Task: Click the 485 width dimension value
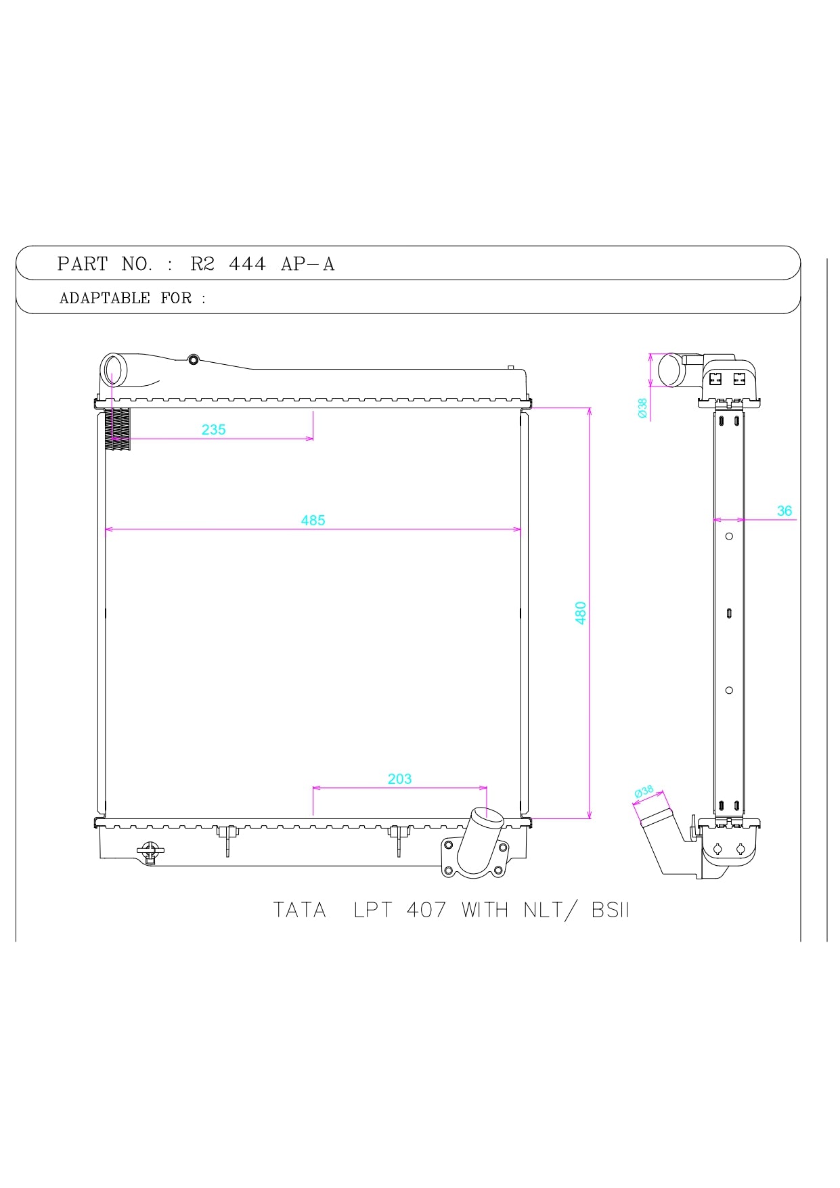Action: coord(313,520)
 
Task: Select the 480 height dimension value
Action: coord(580,613)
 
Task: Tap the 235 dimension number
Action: coord(213,429)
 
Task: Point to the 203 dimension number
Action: coord(399,778)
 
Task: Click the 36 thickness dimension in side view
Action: coord(784,510)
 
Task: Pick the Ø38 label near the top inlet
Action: coord(642,408)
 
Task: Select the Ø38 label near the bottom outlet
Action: coord(644,791)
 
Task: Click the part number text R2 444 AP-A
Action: coord(262,264)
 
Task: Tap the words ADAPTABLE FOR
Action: coord(125,298)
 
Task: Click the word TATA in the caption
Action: coord(299,910)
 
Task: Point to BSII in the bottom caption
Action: coord(610,910)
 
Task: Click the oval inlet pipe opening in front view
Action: coord(114,370)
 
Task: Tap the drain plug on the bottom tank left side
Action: coord(150,852)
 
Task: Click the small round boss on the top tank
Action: coord(194,359)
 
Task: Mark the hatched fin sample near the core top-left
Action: coord(117,428)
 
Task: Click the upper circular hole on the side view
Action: coord(729,536)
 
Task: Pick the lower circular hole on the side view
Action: coord(729,690)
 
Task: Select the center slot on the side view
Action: coord(729,613)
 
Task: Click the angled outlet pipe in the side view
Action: coord(660,836)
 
